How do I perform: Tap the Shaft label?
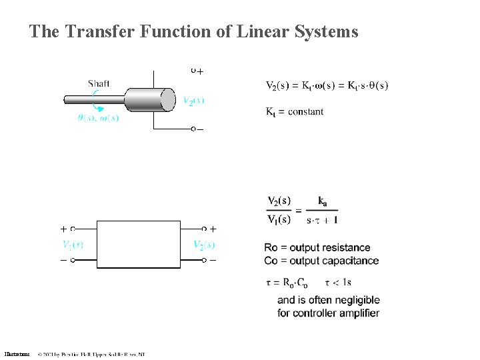[x=99, y=83]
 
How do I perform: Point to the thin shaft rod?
[x=93, y=101]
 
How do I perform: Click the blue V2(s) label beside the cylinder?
[x=193, y=101]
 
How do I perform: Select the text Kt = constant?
[x=295, y=111]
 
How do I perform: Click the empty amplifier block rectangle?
[x=139, y=244]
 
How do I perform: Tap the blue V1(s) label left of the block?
[x=72, y=245]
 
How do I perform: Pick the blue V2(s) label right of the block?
[x=199, y=245]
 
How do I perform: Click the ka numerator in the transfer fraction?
[x=323, y=201]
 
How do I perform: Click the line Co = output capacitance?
[x=321, y=261]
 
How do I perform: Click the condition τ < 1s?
[x=341, y=282]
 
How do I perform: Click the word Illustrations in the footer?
[x=17, y=354]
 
